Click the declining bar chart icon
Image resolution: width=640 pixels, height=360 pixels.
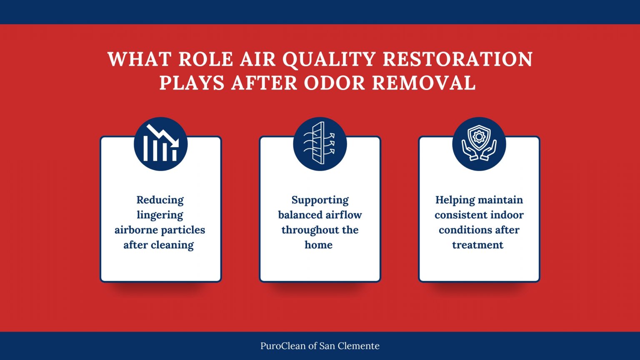(x=161, y=144)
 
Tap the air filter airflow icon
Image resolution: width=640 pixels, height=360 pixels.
(x=320, y=144)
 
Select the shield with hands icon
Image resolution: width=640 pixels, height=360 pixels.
(x=479, y=144)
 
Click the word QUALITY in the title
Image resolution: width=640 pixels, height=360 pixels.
(x=329, y=60)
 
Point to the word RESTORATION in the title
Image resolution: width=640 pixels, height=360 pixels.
(x=457, y=60)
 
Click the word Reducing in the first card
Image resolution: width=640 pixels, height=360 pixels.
(x=160, y=200)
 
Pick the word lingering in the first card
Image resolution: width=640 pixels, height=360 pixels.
(x=160, y=215)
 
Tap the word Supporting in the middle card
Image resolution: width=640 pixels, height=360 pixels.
(x=320, y=200)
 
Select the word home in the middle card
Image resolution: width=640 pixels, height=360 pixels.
(x=318, y=245)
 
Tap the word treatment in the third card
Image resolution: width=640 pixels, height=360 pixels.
(x=478, y=245)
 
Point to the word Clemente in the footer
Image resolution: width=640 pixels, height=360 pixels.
(x=360, y=346)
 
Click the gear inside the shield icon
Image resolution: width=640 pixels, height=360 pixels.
(x=479, y=136)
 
